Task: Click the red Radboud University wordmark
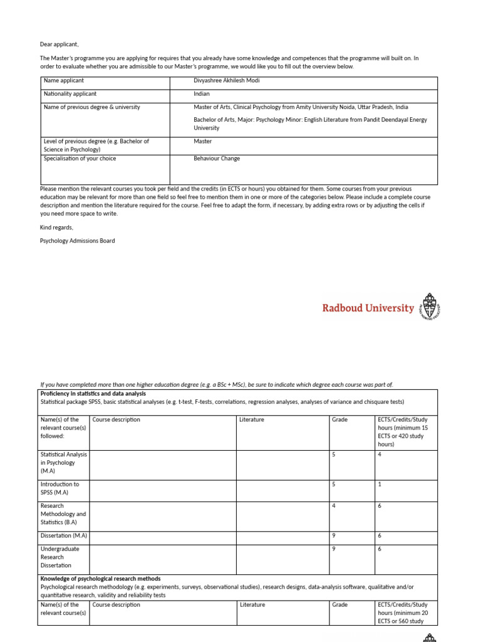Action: click(x=368, y=308)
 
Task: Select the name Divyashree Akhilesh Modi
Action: click(x=226, y=80)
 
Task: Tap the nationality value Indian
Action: click(x=202, y=93)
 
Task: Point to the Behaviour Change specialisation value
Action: click(x=217, y=159)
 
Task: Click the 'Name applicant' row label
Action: click(x=63, y=80)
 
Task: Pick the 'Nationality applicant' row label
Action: click(x=70, y=93)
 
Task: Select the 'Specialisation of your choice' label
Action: click(x=80, y=159)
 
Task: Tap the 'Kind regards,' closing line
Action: click(x=56, y=228)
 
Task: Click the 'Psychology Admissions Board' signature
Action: click(x=77, y=241)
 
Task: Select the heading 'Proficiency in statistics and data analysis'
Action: click(x=93, y=394)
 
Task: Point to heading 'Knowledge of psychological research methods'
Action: click(x=100, y=579)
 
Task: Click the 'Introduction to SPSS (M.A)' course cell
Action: click(x=59, y=488)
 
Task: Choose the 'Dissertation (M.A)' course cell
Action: click(x=63, y=536)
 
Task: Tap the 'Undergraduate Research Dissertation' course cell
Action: click(x=59, y=557)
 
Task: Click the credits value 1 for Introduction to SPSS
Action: click(x=380, y=485)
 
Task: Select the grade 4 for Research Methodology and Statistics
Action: click(x=334, y=506)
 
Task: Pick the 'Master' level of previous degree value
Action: click(x=203, y=142)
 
